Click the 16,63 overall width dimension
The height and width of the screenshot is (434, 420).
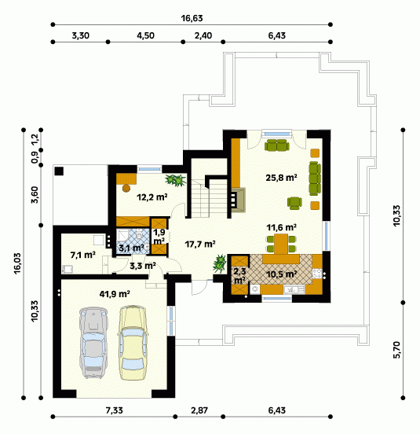pos(192,18)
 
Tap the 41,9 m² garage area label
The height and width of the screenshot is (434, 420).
pos(115,294)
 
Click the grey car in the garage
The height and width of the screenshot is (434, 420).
pos(93,343)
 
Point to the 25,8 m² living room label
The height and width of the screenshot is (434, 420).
pos(281,178)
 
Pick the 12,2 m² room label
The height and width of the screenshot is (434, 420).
pos(152,197)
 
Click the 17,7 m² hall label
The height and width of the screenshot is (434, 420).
pos(200,244)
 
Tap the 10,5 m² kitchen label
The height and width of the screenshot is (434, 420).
pos(282,274)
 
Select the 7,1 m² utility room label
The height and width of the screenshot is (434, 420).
pos(83,255)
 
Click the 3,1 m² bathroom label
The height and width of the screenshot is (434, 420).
pos(131,248)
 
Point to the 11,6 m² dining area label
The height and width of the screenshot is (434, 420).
pos(281,227)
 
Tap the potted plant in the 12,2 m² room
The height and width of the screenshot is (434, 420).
pos(175,180)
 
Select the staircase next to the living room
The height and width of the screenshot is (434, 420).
pos(209,198)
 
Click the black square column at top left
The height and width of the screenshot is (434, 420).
pos(59,171)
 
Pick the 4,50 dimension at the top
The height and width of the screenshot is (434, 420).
pos(145,35)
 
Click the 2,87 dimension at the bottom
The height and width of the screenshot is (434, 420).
pos(199,410)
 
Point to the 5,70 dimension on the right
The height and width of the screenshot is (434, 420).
pos(396,350)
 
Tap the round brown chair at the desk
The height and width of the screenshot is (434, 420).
pos(126,188)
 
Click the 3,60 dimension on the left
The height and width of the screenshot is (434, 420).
pos(35,195)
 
